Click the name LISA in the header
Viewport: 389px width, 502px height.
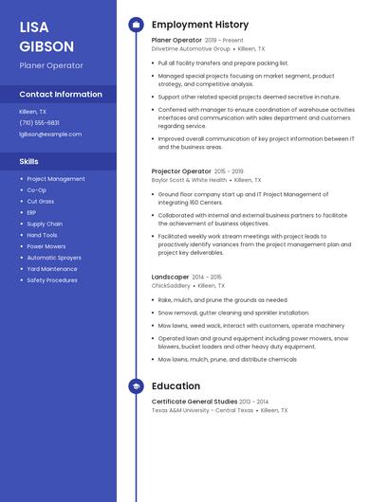click(34, 27)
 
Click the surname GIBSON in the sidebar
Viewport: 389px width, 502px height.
click(46, 46)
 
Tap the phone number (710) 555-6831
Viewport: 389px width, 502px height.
click(39, 122)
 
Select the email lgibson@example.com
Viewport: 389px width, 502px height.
click(50, 134)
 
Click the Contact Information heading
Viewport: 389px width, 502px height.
click(61, 95)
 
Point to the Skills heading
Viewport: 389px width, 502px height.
click(28, 161)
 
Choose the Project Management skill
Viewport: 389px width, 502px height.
click(56, 179)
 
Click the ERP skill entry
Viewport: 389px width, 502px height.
click(33, 212)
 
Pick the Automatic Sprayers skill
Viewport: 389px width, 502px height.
click(54, 258)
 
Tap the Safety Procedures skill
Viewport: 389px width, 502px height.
click(52, 280)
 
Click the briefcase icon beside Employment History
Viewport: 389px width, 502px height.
click(136, 25)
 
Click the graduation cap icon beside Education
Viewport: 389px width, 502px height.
click(136, 386)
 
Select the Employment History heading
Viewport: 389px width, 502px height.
click(200, 25)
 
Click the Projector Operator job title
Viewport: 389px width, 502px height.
click(181, 171)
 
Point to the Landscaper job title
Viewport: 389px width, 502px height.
click(170, 277)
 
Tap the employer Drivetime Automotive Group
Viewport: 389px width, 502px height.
click(191, 48)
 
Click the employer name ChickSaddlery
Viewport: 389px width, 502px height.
click(171, 285)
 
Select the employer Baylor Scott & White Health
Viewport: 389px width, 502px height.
click(189, 179)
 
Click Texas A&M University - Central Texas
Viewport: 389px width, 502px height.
click(202, 410)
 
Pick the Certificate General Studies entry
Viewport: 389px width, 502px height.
click(194, 402)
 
